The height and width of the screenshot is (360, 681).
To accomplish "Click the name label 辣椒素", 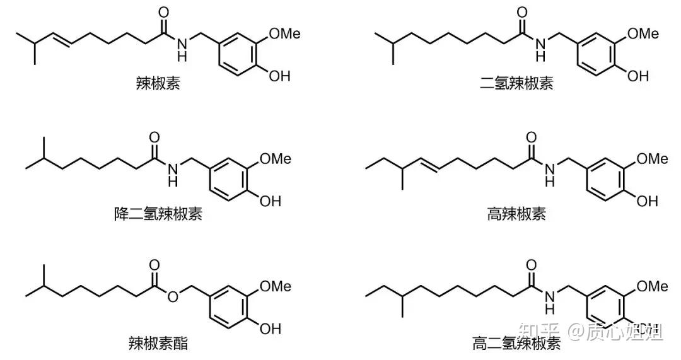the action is tap(158, 83).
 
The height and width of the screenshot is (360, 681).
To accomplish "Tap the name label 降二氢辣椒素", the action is tap(158, 214).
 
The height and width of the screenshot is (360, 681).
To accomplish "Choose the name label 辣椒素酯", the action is tap(158, 344).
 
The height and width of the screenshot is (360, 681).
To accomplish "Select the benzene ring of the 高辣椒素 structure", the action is tap(603, 180).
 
